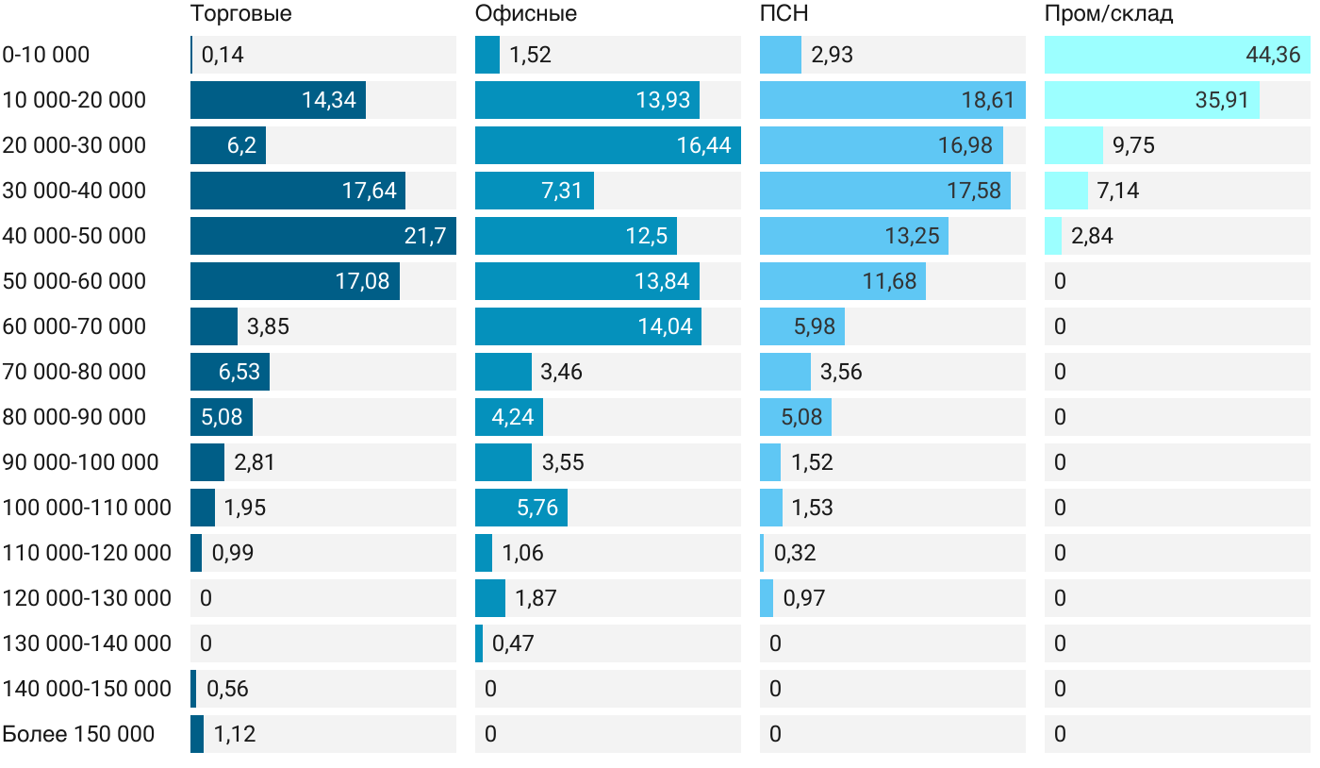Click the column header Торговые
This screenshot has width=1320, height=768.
point(240,14)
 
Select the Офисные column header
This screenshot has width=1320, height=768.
point(526,14)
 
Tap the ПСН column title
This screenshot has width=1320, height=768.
point(784,14)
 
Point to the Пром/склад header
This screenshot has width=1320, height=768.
point(1108,14)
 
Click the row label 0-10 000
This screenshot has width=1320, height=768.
point(46,55)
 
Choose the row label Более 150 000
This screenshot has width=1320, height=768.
point(78,734)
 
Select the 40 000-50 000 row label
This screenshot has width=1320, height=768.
point(74,236)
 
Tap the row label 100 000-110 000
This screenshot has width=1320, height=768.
point(87,508)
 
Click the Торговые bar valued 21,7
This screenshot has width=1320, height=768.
point(322,236)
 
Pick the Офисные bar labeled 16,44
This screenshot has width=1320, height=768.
point(607,145)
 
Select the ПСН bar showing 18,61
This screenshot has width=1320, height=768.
point(892,100)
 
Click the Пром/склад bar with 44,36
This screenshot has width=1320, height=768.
point(1177,55)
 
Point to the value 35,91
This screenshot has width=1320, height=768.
point(1222,100)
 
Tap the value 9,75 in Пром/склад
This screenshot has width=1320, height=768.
point(1133,145)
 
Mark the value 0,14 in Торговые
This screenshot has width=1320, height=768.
point(223,55)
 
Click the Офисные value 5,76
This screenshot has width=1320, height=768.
point(537,508)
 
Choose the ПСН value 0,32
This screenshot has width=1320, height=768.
point(795,553)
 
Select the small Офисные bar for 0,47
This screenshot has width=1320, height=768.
point(479,643)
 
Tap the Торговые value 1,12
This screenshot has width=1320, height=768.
point(235,734)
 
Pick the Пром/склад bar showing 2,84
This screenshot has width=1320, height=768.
point(1053,236)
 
